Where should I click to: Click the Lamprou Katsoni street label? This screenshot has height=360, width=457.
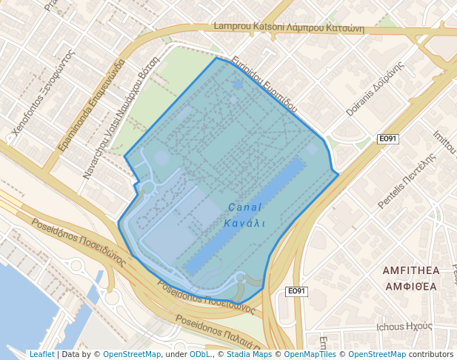[x=290, y=27]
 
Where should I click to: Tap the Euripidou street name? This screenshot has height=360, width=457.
[x=264, y=82]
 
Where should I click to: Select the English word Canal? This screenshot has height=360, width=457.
[x=245, y=207]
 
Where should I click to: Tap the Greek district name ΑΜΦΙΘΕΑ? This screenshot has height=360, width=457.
[x=410, y=285]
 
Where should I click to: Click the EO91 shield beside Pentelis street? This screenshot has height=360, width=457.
[x=388, y=139]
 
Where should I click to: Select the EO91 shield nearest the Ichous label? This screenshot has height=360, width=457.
[x=296, y=291]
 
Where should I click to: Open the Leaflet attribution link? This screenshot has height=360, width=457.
[x=42, y=354]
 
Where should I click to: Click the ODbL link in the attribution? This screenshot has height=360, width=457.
[x=200, y=354]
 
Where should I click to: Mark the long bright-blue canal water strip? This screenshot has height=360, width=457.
[x=244, y=215]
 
